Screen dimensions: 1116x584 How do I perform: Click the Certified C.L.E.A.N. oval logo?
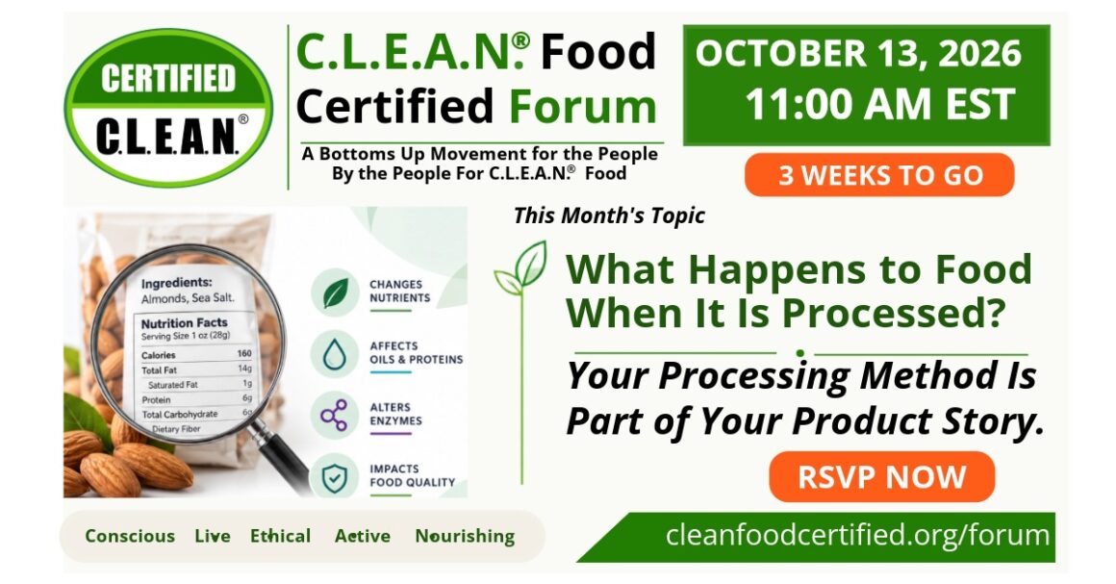[168, 108]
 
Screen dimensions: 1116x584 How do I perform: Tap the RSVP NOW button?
[881, 477]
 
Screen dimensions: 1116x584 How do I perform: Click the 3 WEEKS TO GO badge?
[879, 175]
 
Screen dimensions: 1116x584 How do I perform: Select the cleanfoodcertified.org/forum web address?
[857, 534]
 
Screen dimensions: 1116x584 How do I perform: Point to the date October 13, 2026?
[857, 54]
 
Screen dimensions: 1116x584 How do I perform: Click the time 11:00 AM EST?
[879, 105]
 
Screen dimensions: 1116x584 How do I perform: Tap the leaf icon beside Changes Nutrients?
[335, 292]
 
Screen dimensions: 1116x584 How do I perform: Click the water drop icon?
[335, 354]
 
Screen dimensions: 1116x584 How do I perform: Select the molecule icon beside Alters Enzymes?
[335, 416]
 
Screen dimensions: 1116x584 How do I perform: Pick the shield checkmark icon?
[335, 477]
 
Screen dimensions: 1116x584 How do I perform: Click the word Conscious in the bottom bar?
[130, 536]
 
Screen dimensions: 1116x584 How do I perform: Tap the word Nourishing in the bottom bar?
[465, 536]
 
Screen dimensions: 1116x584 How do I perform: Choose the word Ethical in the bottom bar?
[280, 536]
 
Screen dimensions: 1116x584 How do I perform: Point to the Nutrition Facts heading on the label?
[185, 323]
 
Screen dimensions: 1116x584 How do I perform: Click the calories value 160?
[244, 353]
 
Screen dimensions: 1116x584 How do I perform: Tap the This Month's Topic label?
[609, 216]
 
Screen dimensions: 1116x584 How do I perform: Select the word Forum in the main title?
[582, 106]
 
